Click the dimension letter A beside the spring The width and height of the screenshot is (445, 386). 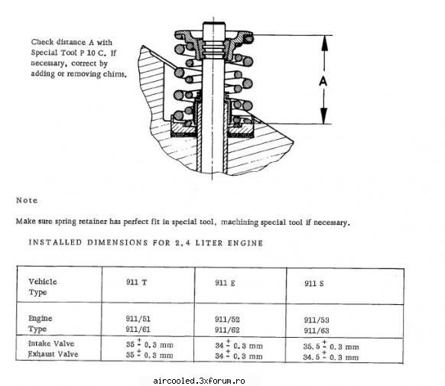click(x=323, y=81)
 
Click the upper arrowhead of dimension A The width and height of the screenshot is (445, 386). click(x=324, y=43)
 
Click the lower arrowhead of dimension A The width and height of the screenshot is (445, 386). click(x=324, y=116)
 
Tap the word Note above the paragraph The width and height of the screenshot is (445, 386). click(x=27, y=200)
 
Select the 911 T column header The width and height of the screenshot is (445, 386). click(x=137, y=283)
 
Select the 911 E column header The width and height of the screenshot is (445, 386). click(x=225, y=283)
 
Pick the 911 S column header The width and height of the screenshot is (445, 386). click(x=314, y=284)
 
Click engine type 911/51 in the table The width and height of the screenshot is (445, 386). click(x=138, y=319)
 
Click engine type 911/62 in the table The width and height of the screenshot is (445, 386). click(x=227, y=330)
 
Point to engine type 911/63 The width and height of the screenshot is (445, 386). click(x=317, y=331)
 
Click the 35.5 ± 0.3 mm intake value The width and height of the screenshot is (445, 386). click(x=331, y=346)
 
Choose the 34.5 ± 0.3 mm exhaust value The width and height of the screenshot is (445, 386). click(x=331, y=356)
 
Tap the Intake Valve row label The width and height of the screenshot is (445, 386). click(x=51, y=343)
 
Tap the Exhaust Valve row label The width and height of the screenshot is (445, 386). click(x=53, y=354)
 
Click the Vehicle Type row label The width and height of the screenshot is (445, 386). click(x=43, y=287)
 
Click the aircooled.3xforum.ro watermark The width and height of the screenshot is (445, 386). click(x=199, y=381)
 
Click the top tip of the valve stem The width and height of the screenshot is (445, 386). click(x=213, y=23)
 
